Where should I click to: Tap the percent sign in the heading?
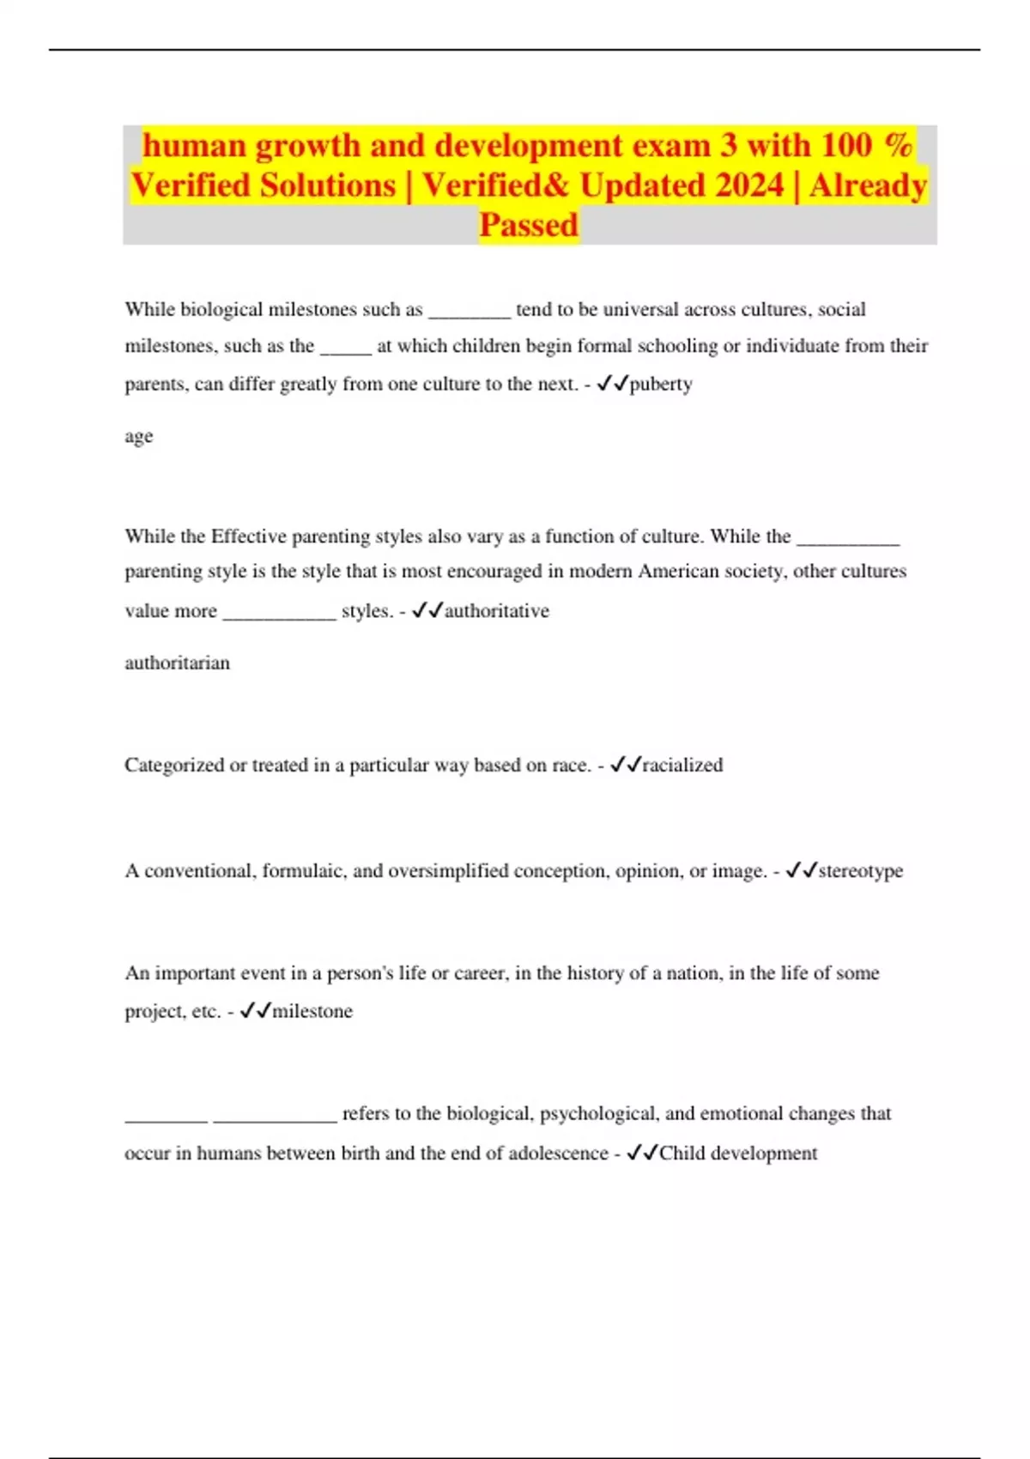(898, 145)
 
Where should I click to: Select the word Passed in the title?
(529, 225)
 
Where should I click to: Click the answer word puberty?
(661, 384)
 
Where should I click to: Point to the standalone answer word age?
(139, 437)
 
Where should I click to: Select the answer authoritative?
(496, 611)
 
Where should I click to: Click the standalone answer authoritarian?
(177, 663)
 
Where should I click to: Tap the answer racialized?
(682, 765)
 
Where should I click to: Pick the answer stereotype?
(860, 871)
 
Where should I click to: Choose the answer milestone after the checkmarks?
(312, 1011)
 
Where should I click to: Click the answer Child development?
(738, 1153)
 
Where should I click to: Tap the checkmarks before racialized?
(625, 765)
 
